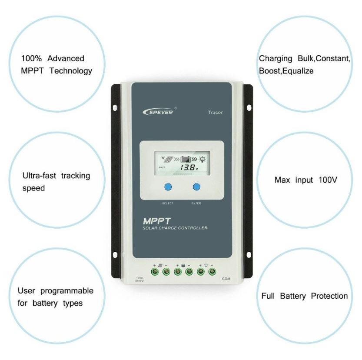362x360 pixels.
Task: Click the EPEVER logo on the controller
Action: [158, 111]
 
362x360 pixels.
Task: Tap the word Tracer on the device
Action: [215, 113]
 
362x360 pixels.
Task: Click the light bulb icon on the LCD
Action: [203, 159]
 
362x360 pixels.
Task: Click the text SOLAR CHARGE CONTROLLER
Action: [175, 228]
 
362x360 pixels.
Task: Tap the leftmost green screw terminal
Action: [155, 272]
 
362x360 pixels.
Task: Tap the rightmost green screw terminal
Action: [212, 272]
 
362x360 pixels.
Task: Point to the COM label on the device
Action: [226, 278]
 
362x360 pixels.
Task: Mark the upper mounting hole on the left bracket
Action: [116, 107]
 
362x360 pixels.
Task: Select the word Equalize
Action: [298, 70]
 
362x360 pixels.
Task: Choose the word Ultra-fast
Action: [40, 176]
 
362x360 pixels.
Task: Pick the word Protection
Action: [329, 296]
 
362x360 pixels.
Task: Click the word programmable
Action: [66, 290]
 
